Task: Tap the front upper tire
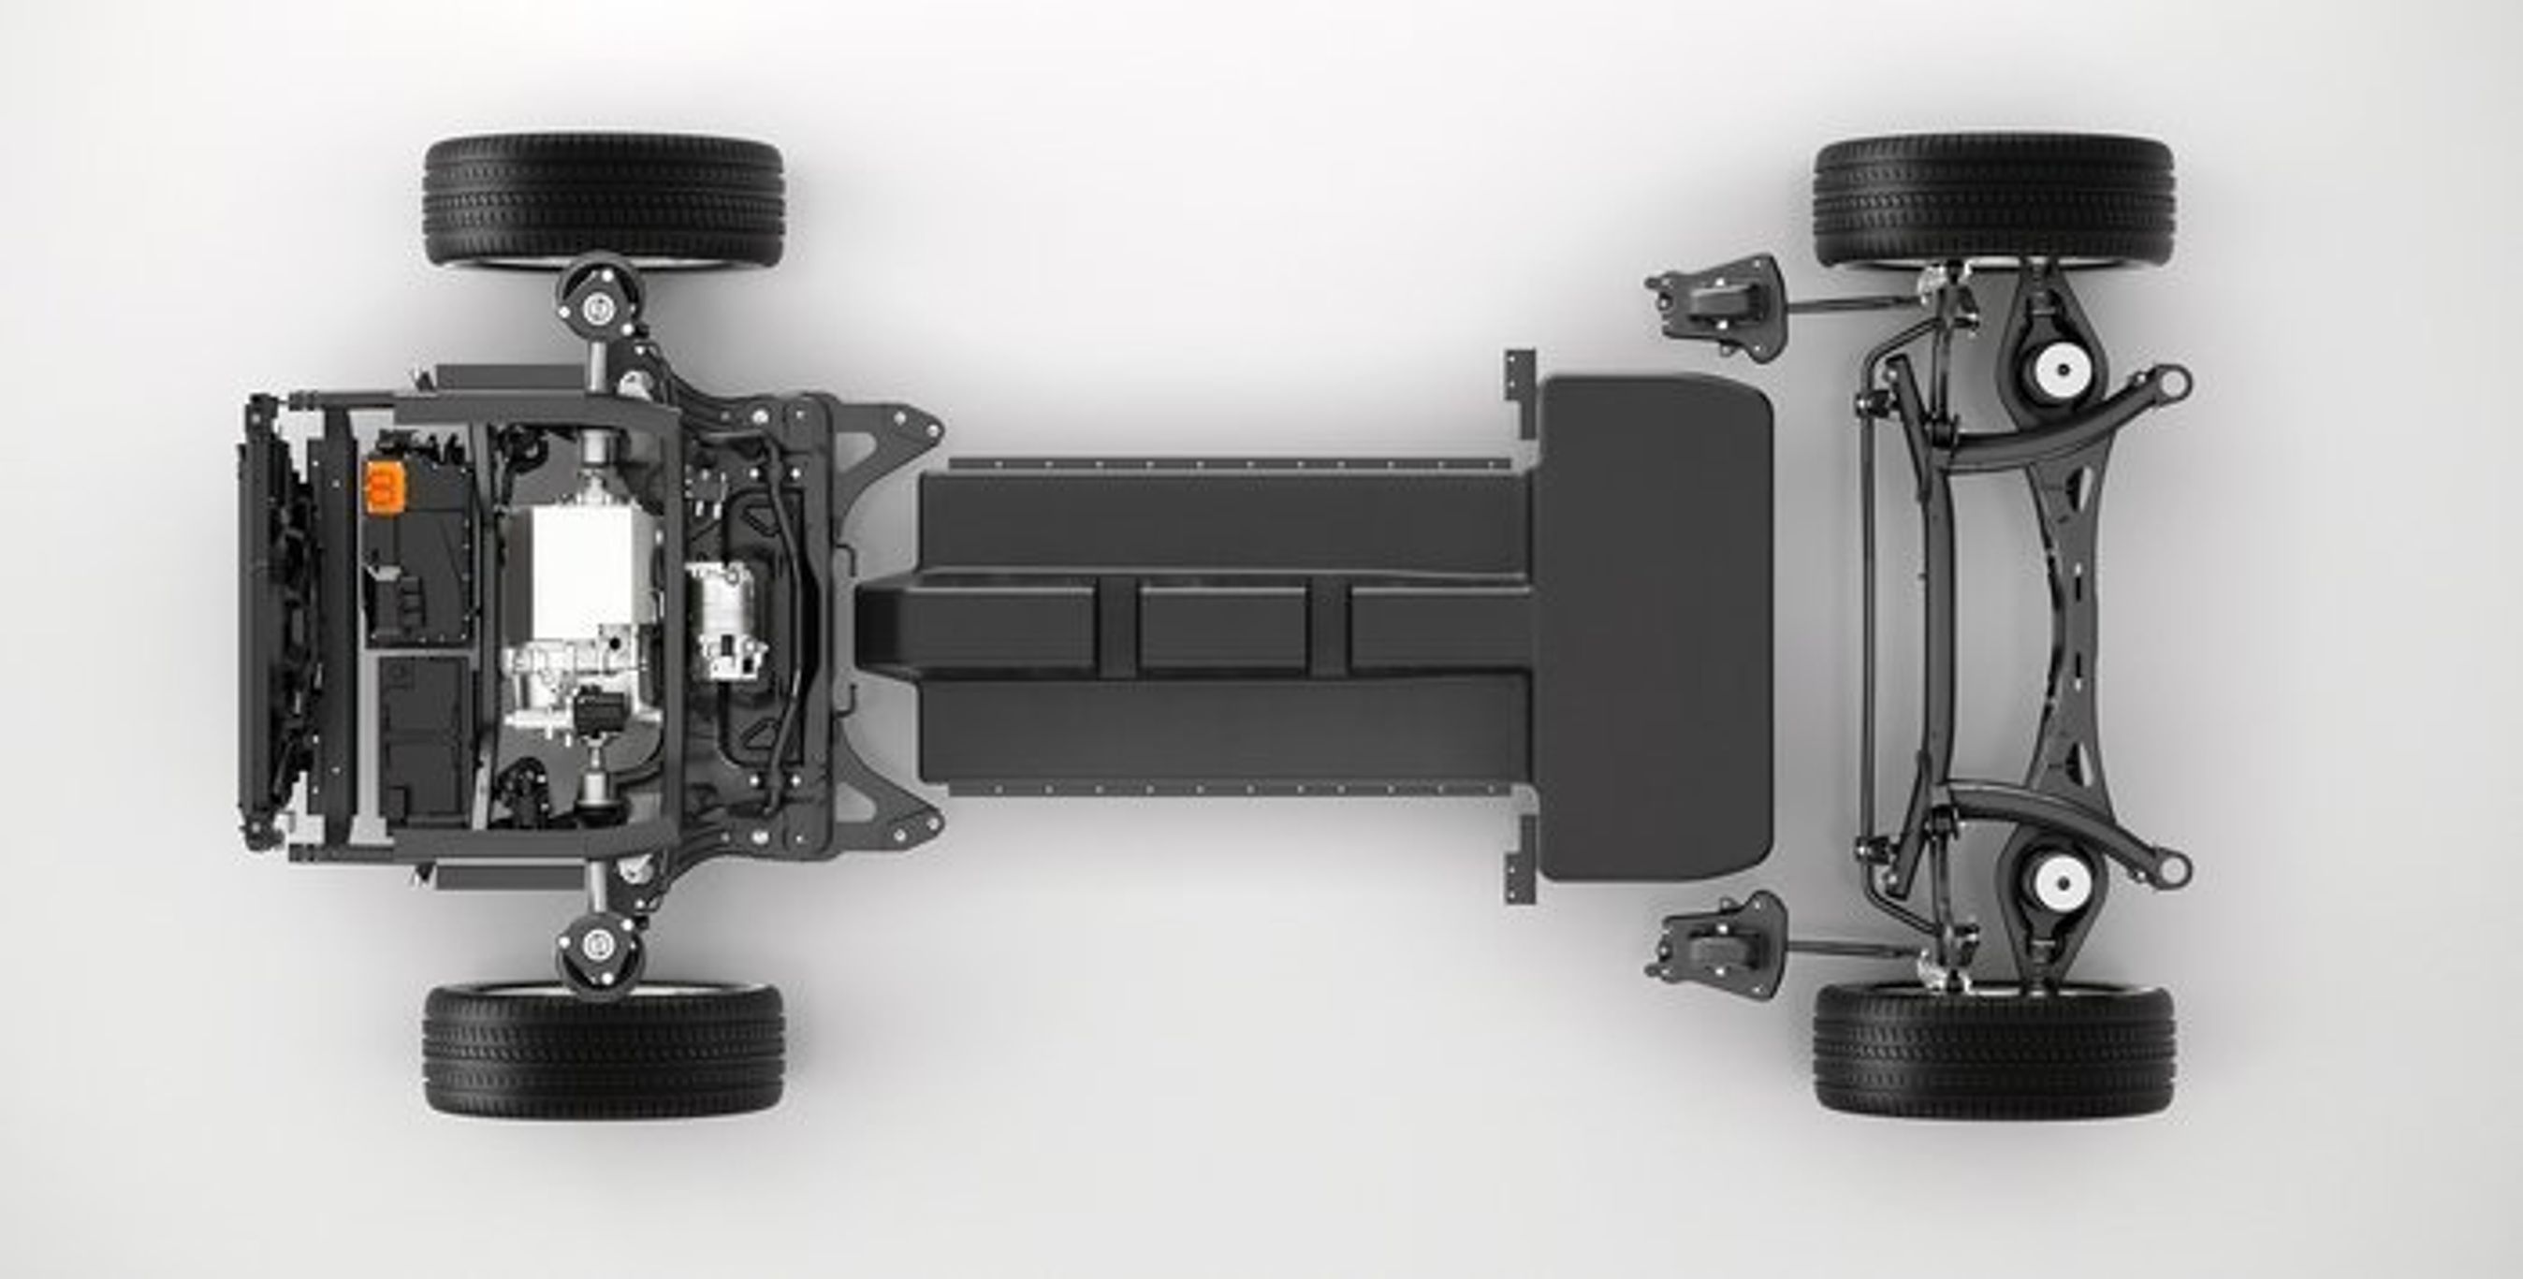(603, 202)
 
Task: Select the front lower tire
(603, 1050)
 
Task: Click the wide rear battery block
(1655, 627)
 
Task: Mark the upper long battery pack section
(1224, 519)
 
